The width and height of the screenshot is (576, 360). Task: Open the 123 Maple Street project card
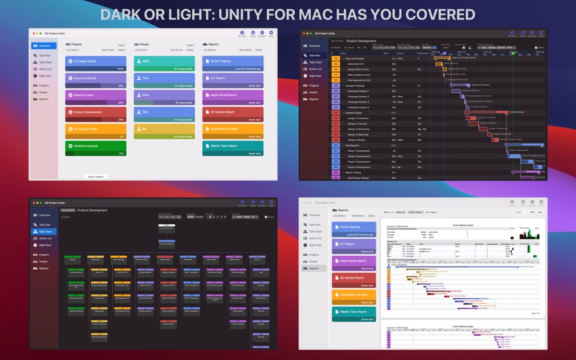[x=96, y=61]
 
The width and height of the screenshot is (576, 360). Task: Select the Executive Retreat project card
[x=96, y=78]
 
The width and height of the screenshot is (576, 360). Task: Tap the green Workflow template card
[x=96, y=146]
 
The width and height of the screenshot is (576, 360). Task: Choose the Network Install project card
[x=96, y=95]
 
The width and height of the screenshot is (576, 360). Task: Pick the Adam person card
[x=164, y=61]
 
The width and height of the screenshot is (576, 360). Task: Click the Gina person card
[x=164, y=112]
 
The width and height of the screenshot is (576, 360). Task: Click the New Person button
[x=176, y=50]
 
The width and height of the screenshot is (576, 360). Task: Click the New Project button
[x=108, y=50]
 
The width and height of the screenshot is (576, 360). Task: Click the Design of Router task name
[x=358, y=139]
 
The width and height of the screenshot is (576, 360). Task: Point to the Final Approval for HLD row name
[x=360, y=80]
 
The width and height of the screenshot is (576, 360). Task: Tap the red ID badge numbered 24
[x=335, y=113]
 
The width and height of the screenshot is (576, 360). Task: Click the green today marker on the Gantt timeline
[x=512, y=53]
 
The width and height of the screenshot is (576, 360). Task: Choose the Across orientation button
[x=199, y=216]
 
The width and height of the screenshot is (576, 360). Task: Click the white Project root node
[x=166, y=225]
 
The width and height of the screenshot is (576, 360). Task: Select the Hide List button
[x=401, y=212]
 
